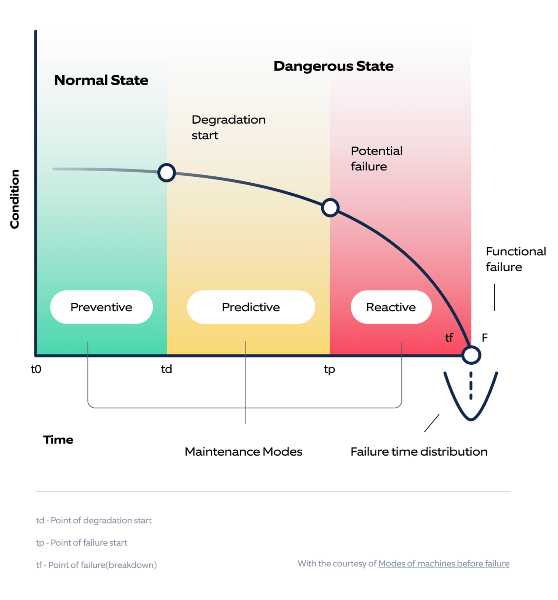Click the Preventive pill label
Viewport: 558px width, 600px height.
tap(101, 307)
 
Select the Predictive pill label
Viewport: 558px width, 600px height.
tap(251, 307)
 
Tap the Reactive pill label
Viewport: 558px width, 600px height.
tap(391, 307)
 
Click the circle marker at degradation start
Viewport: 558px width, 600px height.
tap(166, 173)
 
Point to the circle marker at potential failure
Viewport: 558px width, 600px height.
tap(330, 208)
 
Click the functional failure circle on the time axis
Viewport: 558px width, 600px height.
tap(471, 355)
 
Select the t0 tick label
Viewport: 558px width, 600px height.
tap(36, 369)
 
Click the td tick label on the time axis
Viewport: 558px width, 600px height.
tap(166, 369)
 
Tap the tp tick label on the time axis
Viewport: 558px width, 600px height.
tap(329, 369)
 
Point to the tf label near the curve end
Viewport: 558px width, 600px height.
tap(449, 338)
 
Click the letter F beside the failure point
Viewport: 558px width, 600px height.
tap(484, 338)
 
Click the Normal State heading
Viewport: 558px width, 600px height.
tap(101, 80)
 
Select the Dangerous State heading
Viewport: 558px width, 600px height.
tap(333, 66)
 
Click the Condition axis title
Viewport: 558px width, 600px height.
tap(15, 199)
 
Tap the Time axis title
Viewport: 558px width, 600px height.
tap(58, 440)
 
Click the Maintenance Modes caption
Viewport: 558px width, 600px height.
tap(243, 452)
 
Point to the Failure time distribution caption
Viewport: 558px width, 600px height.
tap(419, 452)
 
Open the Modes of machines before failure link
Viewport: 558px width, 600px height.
tap(444, 564)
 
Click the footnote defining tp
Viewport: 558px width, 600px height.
tap(82, 543)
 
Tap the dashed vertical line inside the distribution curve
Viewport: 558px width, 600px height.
tap(471, 386)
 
